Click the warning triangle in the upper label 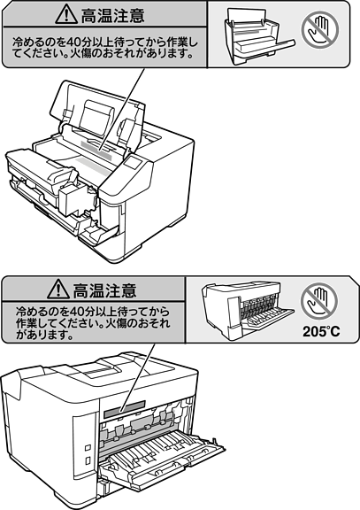click(x=66, y=15)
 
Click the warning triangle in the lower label click(x=58, y=289)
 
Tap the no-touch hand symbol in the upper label click(x=319, y=30)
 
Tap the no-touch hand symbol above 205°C click(x=318, y=301)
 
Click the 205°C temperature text click(x=321, y=332)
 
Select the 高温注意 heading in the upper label click(x=112, y=16)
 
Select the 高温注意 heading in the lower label click(x=104, y=290)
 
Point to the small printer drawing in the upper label click(x=258, y=37)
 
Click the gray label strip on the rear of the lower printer click(x=125, y=409)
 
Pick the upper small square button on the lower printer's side click(x=88, y=448)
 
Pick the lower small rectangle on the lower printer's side click(x=88, y=460)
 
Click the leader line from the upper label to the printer click(x=122, y=109)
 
